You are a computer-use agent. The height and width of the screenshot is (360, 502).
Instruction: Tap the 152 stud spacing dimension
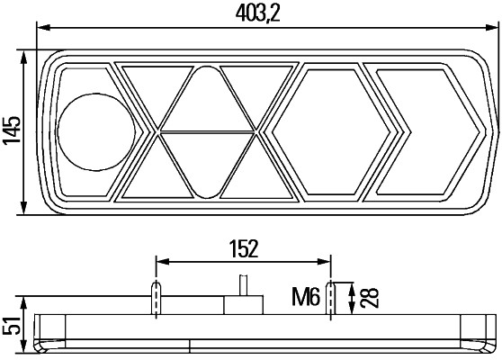click(x=244, y=247)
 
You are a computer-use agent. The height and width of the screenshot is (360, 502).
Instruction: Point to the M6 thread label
click(x=306, y=294)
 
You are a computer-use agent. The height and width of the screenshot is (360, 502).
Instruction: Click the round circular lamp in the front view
click(x=95, y=130)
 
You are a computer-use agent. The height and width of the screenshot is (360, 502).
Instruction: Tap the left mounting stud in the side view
click(x=157, y=297)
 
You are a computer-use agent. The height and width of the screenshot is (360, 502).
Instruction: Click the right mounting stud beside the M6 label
click(x=333, y=297)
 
